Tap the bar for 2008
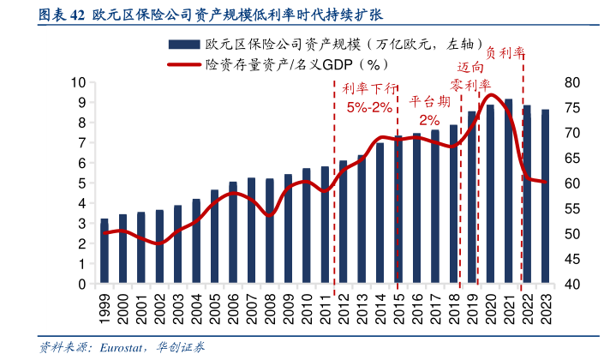coord(270,231)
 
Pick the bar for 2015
coord(398,209)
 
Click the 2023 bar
coord(546,196)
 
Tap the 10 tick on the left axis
coord(78,82)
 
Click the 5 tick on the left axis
coord(81,183)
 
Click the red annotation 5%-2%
coord(369,107)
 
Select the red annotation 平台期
coord(428,101)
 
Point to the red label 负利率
coord(505,51)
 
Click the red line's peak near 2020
coord(493,94)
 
